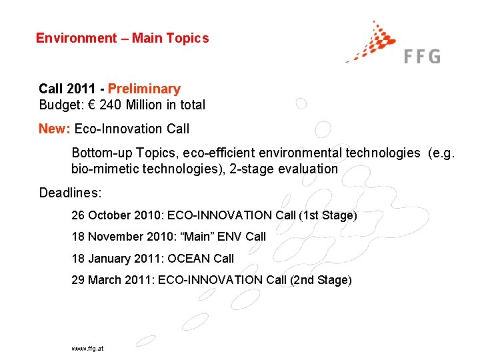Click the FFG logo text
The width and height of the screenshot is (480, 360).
tap(422, 56)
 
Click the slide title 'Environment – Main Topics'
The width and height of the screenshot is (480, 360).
tap(122, 38)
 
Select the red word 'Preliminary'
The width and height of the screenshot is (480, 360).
tap(144, 89)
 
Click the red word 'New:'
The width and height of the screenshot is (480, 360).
tap(55, 129)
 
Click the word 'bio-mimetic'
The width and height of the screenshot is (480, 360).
tap(103, 169)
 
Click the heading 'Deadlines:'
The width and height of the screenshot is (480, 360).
tap(70, 193)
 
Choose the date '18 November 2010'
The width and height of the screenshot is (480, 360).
tap(121, 237)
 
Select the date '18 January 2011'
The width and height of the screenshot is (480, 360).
tap(115, 258)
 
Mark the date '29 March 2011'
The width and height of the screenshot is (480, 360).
tap(111, 280)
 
